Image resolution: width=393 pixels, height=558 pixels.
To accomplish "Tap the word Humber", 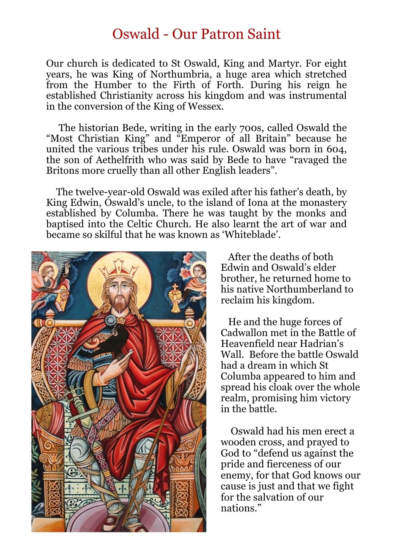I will click(113, 85).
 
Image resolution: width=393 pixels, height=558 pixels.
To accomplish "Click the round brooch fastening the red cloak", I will click(111, 320).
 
